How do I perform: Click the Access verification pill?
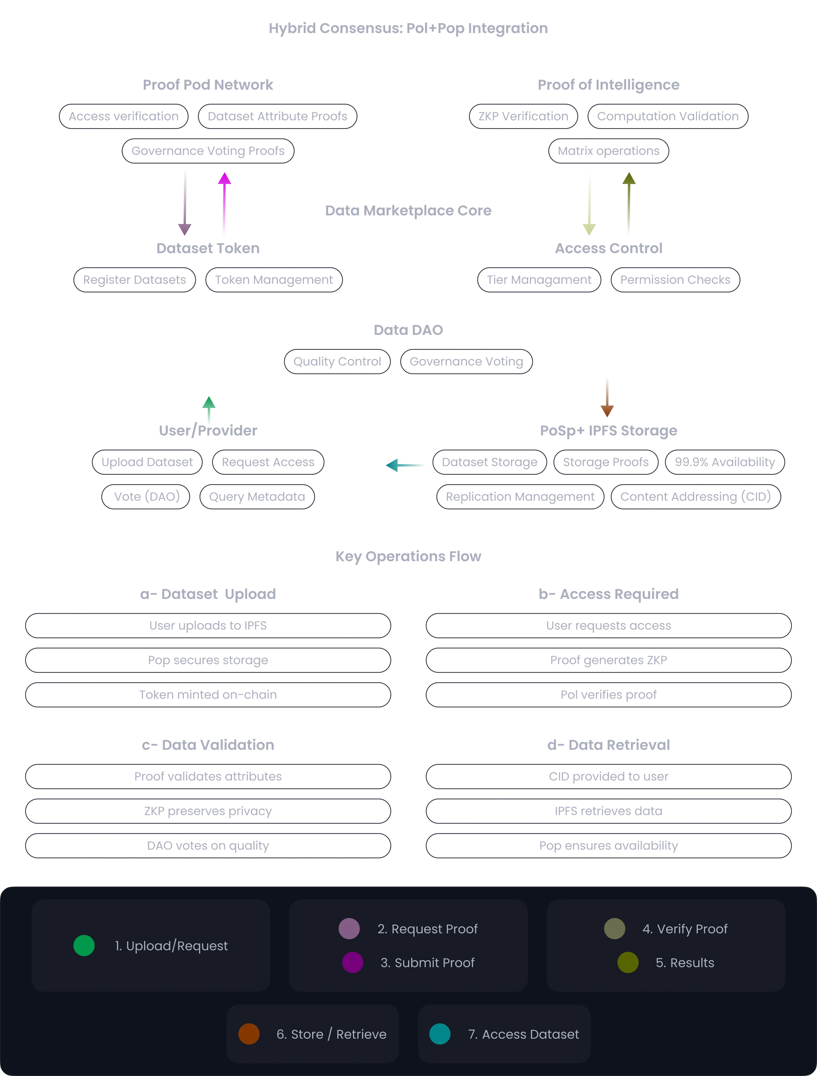pyautogui.click(x=124, y=116)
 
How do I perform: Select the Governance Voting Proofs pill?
pyautogui.click(x=208, y=151)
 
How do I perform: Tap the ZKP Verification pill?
pyautogui.click(x=523, y=116)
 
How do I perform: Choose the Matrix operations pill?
pyautogui.click(x=608, y=151)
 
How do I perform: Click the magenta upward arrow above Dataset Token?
pyautogui.click(x=224, y=203)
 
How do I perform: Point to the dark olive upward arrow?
pyautogui.click(x=629, y=203)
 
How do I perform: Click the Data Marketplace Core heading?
pyautogui.click(x=408, y=211)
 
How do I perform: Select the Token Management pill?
pyautogui.click(x=274, y=280)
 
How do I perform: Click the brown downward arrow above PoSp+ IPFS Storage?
pyautogui.click(x=607, y=397)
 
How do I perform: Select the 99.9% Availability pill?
pyautogui.click(x=725, y=462)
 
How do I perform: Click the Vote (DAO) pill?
pyautogui.click(x=145, y=497)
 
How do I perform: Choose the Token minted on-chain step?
pyautogui.click(x=208, y=695)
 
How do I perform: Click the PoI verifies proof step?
pyautogui.click(x=608, y=695)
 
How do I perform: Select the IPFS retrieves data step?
pyautogui.click(x=608, y=811)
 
